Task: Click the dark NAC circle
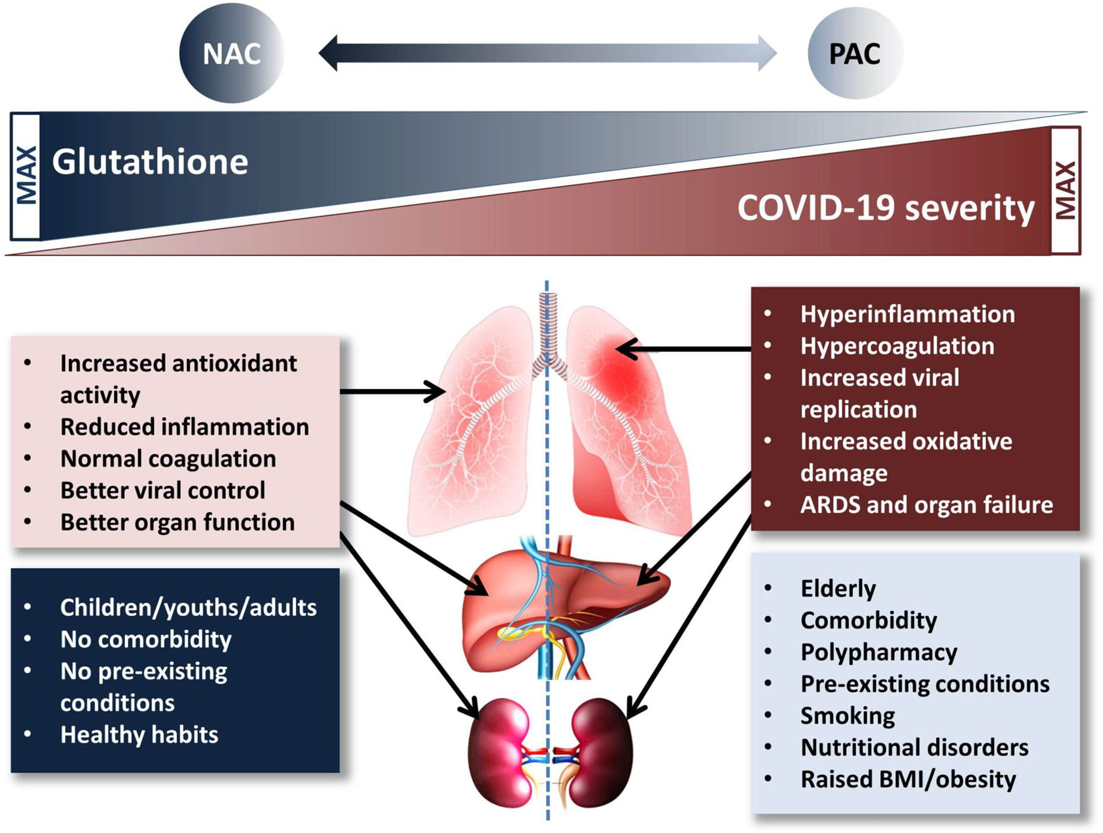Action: [x=231, y=54]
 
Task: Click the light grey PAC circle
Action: [x=854, y=54]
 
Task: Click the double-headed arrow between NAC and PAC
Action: [x=547, y=53]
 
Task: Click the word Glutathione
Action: [x=150, y=162]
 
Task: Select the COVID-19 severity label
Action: [x=885, y=208]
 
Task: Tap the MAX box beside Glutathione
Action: [x=26, y=176]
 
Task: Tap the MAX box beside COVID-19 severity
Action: [x=1066, y=190]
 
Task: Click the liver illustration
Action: [x=560, y=607]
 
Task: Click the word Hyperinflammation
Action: [x=907, y=315]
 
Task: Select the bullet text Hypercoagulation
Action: [x=897, y=346]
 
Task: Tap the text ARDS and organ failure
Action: [x=926, y=505]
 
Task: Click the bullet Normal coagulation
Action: [x=168, y=459]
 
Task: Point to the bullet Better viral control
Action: [x=163, y=490]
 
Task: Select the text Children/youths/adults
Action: [x=188, y=608]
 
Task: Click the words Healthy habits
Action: [x=139, y=735]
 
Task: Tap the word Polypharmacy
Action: [x=878, y=652]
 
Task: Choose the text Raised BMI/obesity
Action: [x=907, y=779]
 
